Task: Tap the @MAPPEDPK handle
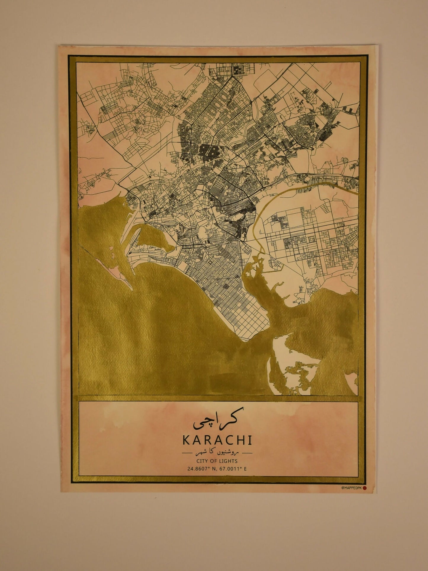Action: [x=352, y=488]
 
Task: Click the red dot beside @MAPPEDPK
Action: [x=365, y=488]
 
